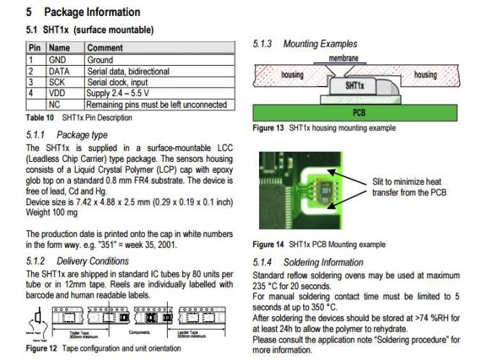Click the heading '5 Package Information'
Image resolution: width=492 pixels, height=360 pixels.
point(82,12)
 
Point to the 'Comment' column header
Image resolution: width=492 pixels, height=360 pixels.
point(105,48)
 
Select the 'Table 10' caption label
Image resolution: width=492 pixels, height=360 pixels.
point(41,117)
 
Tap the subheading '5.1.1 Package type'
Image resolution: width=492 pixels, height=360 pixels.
point(67,134)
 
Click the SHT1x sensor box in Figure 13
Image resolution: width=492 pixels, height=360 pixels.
point(353,85)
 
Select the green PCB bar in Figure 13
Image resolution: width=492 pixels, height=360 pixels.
point(359,112)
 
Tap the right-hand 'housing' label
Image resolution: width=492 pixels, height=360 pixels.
point(425,74)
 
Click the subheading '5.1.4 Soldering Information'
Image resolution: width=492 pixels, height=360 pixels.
point(308,262)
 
